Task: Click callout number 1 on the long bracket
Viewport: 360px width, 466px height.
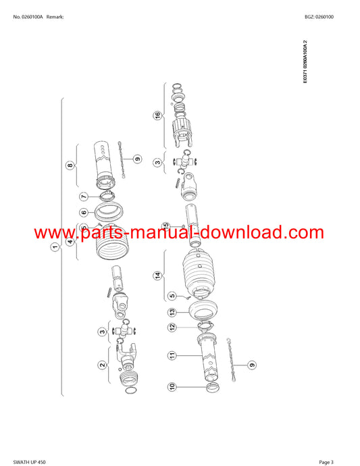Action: click(x=55, y=247)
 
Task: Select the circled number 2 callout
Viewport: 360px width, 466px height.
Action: click(x=102, y=365)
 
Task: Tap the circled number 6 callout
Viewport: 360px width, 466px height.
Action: click(x=84, y=212)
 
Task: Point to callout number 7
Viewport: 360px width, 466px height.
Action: click(x=84, y=197)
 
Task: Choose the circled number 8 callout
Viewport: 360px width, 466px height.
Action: click(x=70, y=165)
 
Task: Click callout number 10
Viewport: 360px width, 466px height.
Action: click(x=172, y=387)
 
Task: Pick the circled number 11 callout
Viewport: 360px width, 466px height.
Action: click(x=172, y=355)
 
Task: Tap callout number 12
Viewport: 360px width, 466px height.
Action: click(x=172, y=327)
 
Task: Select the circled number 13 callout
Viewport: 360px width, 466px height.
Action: click(x=172, y=312)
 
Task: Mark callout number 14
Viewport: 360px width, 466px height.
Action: click(x=158, y=276)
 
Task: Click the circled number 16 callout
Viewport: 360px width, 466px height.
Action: click(x=157, y=115)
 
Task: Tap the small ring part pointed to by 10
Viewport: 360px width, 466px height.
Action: click(x=213, y=387)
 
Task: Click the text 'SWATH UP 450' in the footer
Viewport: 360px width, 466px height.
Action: click(x=30, y=462)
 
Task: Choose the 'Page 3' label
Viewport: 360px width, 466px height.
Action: click(x=326, y=462)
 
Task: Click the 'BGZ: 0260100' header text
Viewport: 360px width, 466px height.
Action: click(x=319, y=17)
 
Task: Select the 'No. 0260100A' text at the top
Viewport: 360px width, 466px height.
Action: click(x=28, y=17)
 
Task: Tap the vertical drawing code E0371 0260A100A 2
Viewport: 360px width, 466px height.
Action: click(x=305, y=62)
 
